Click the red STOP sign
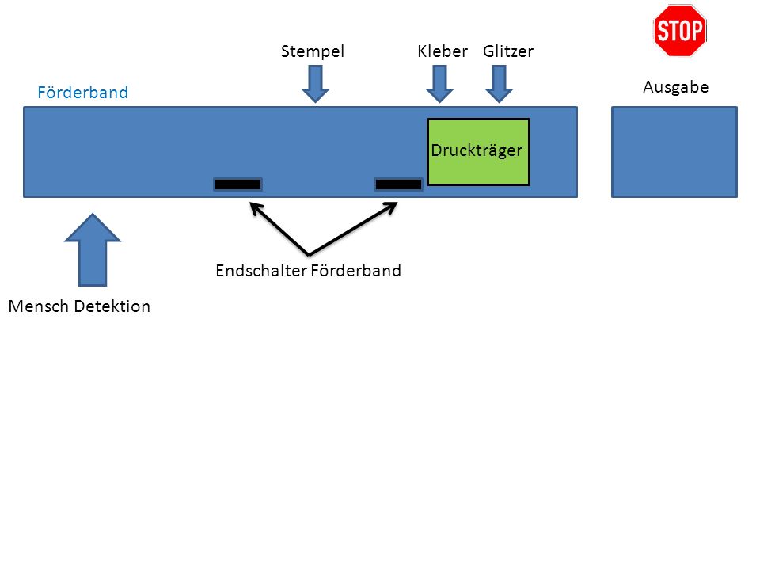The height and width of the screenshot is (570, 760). point(679,30)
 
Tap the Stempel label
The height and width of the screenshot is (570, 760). point(313,51)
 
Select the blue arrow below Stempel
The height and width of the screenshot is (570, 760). point(316,84)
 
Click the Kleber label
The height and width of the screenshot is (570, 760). point(443,51)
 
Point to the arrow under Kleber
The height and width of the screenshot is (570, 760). point(439,84)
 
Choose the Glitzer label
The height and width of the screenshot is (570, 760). point(508,51)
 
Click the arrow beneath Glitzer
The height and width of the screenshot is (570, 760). point(499,84)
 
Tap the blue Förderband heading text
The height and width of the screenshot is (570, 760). point(83,92)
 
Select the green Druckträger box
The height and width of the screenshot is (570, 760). point(478,152)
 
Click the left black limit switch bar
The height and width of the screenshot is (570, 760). point(238,184)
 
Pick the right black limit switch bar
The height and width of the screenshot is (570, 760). point(398,184)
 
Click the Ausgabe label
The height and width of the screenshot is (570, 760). point(675,87)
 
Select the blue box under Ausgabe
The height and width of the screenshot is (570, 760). point(674,152)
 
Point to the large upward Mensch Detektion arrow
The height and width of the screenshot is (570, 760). point(93,249)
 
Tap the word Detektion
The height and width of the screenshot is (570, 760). point(112,306)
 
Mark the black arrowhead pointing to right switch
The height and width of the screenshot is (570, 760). point(390,208)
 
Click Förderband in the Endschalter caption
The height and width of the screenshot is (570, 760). point(355,271)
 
